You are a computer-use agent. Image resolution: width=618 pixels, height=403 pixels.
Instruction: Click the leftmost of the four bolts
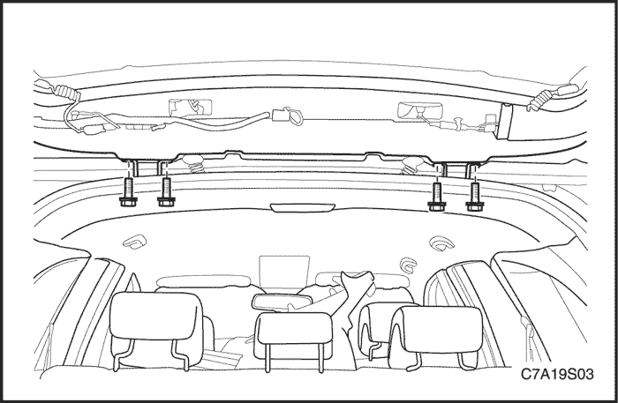pos(128,192)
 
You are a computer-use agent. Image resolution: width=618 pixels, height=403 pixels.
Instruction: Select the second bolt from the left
pos(166,192)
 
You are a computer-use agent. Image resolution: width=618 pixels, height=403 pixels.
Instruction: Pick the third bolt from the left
pos(437,197)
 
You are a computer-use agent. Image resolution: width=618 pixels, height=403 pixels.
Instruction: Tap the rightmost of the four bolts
pos(475,197)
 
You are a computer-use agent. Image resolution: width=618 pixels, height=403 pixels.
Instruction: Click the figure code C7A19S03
pos(557,374)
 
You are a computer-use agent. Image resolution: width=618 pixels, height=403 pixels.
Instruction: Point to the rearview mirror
pos(282,301)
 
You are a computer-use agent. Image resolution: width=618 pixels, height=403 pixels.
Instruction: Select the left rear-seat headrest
pos(156,316)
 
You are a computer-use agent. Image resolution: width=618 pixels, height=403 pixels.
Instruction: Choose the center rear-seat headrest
pos(294,335)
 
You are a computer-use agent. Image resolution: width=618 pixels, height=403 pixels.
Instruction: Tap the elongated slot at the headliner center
pos(303,207)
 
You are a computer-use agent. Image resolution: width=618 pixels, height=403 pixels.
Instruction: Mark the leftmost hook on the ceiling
pos(135,242)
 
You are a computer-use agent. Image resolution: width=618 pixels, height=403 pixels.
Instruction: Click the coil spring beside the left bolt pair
pos(193,164)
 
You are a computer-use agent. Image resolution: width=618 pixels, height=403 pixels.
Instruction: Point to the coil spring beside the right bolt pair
pos(412,165)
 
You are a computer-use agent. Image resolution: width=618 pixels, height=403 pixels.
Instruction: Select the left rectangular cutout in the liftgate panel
pos(191,108)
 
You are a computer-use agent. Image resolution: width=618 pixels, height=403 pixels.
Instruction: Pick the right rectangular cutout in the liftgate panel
pos(420,110)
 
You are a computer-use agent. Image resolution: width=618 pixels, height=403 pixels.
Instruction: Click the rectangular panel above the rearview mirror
pos(283,274)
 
